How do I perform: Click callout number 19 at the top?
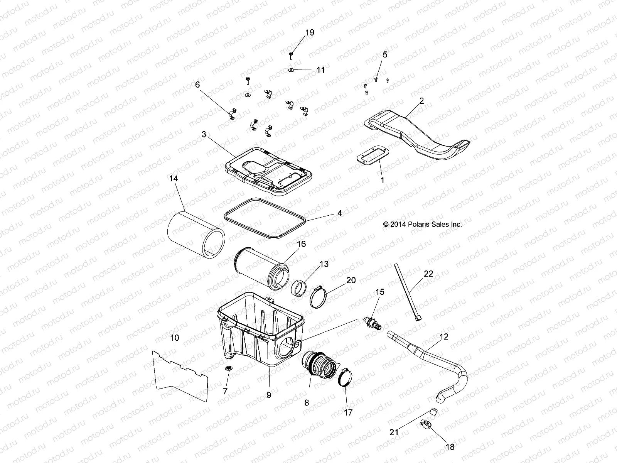[310, 33]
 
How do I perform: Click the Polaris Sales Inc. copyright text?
[422, 224]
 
